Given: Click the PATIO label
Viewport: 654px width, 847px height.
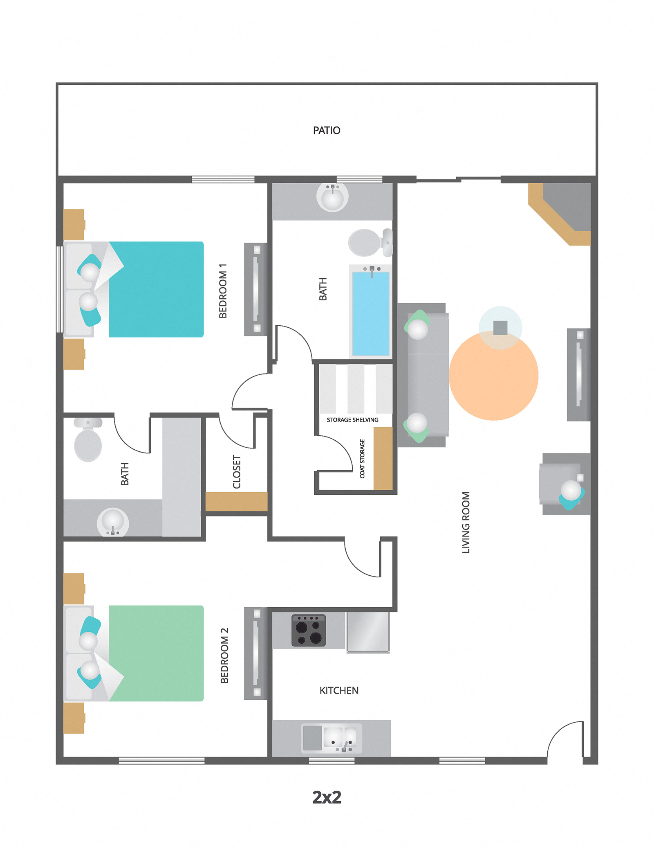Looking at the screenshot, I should tap(326, 130).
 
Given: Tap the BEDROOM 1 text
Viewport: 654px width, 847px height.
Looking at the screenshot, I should tap(223, 291).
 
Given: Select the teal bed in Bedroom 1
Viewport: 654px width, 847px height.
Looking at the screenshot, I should tap(156, 289).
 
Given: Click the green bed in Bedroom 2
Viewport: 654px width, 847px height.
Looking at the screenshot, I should tap(156, 653).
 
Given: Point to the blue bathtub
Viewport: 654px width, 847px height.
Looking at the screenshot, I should tap(371, 313).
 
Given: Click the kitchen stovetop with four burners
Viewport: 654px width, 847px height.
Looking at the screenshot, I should tap(309, 631).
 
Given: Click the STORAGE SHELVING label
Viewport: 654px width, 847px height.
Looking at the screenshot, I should tap(352, 420).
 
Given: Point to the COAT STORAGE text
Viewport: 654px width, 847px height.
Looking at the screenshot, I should tap(362, 458).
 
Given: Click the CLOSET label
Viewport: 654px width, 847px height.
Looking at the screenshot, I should tap(237, 472).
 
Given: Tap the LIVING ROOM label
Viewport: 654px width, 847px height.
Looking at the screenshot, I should tap(466, 523).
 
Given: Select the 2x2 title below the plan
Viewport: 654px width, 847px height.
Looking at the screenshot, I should tap(327, 797).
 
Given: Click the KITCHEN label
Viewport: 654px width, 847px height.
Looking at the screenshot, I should tap(339, 691).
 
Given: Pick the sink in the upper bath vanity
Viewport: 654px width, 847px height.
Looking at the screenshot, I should tap(332, 197).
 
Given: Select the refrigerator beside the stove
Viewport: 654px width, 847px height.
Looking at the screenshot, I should tap(368, 631).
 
